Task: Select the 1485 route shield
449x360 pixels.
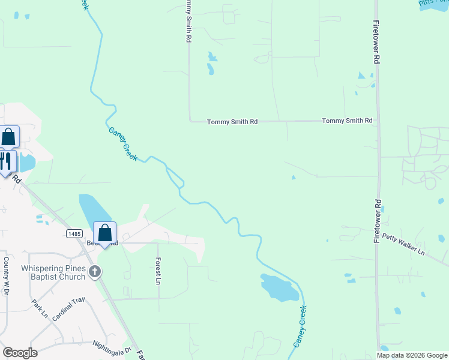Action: [x=74, y=233]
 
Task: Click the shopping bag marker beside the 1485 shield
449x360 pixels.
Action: [x=105, y=233]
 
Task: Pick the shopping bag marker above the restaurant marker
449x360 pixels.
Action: [x=9, y=137]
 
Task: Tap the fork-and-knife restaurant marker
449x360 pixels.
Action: [x=6, y=162]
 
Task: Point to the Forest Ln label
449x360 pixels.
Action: [x=158, y=271]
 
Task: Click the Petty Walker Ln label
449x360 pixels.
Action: [x=403, y=244]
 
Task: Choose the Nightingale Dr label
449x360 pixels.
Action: [x=112, y=347]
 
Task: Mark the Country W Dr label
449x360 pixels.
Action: [x=7, y=276]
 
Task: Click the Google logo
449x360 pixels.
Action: [x=20, y=352]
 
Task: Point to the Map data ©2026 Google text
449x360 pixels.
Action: [x=412, y=355]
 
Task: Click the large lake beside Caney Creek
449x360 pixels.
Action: [x=279, y=287]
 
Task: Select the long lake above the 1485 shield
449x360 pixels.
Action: [x=94, y=213]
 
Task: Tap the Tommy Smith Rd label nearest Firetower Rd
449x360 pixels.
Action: [x=347, y=121]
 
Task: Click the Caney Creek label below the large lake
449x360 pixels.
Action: [x=300, y=326]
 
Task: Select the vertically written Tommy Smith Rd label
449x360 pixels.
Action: [x=188, y=21]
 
